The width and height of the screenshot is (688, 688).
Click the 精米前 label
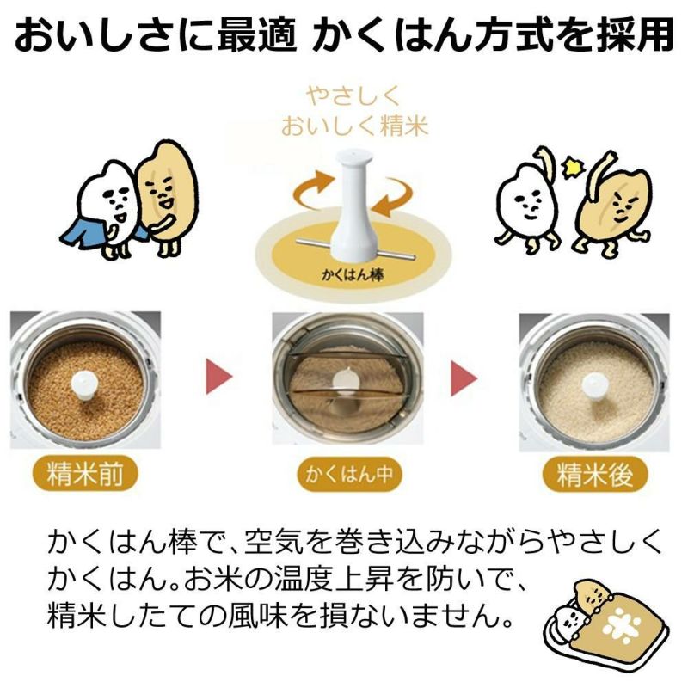coord(83,474)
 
